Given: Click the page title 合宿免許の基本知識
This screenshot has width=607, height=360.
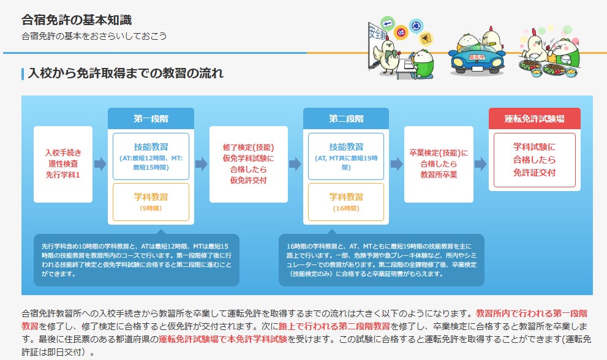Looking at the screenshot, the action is pyautogui.click(x=77, y=20).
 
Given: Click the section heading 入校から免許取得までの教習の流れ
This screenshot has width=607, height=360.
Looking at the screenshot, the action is pyautogui.click(x=126, y=73).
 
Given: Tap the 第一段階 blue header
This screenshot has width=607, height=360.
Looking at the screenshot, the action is pyautogui.click(x=151, y=118).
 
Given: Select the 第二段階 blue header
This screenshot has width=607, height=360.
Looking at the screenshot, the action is pyautogui.click(x=346, y=118).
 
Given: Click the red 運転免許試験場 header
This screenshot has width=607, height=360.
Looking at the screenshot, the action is pyautogui.click(x=535, y=118).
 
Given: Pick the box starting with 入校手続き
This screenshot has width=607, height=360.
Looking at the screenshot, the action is pyautogui.click(x=63, y=164).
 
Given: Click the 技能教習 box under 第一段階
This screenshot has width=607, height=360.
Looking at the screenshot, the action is pyautogui.click(x=151, y=156).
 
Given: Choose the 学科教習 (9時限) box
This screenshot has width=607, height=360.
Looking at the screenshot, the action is pyautogui.click(x=151, y=202).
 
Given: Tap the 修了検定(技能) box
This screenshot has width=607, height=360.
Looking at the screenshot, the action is pyautogui.click(x=249, y=164).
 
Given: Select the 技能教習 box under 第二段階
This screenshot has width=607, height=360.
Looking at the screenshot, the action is pyautogui.click(x=346, y=156).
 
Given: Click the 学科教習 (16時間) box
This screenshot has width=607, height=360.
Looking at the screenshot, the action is pyautogui.click(x=346, y=202).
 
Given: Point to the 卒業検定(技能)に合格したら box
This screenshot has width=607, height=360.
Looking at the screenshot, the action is pyautogui.click(x=439, y=164).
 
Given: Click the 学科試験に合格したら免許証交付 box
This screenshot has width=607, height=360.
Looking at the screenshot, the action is pyautogui.click(x=535, y=160).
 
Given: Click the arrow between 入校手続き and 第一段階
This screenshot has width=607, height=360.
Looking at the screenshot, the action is pyautogui.click(x=100, y=164).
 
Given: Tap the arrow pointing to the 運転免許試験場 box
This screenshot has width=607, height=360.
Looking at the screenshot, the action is pyautogui.click(x=481, y=164).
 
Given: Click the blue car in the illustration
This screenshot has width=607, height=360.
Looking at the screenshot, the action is pyautogui.click(x=477, y=60).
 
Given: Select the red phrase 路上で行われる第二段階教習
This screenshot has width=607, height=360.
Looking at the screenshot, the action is pyautogui.click(x=334, y=326).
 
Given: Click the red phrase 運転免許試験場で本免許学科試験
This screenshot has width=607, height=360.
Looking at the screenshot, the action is pyautogui.click(x=223, y=339).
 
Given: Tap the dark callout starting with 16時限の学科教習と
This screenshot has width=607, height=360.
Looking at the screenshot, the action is pyautogui.click(x=382, y=260).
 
